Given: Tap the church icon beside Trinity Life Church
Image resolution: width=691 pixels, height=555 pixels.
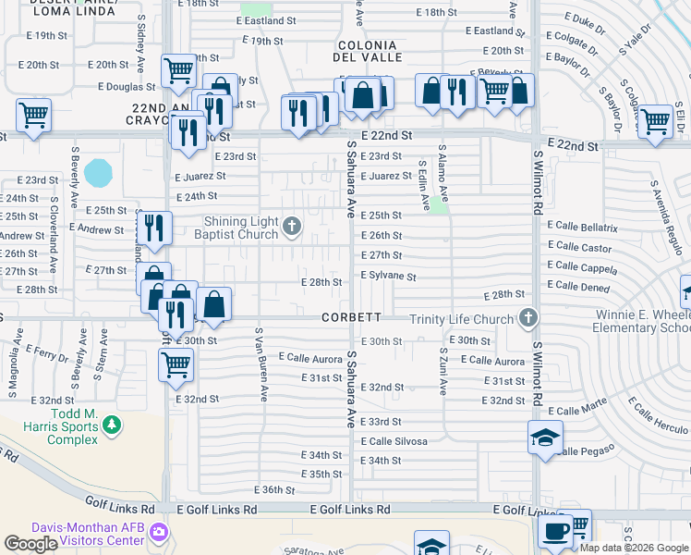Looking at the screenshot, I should [x=528, y=319].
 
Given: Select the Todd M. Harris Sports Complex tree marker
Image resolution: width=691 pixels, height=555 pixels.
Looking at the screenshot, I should [x=112, y=425].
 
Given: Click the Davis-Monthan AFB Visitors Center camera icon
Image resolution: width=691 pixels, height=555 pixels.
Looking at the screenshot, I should [x=159, y=532].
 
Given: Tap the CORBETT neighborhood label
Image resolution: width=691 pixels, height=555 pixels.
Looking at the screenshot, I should [x=351, y=317].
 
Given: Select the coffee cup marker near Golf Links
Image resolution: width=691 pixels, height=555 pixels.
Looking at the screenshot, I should [x=555, y=531].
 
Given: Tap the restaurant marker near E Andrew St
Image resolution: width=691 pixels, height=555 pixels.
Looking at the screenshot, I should [x=154, y=227].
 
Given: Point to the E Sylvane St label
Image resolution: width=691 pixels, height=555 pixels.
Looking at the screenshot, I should [x=387, y=276].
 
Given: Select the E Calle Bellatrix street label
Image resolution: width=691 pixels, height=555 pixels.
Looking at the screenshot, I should [x=582, y=227].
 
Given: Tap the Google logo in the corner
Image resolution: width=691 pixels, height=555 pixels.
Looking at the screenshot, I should [x=30, y=544].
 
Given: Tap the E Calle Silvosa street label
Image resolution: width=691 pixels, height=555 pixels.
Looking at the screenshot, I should [x=394, y=441].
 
